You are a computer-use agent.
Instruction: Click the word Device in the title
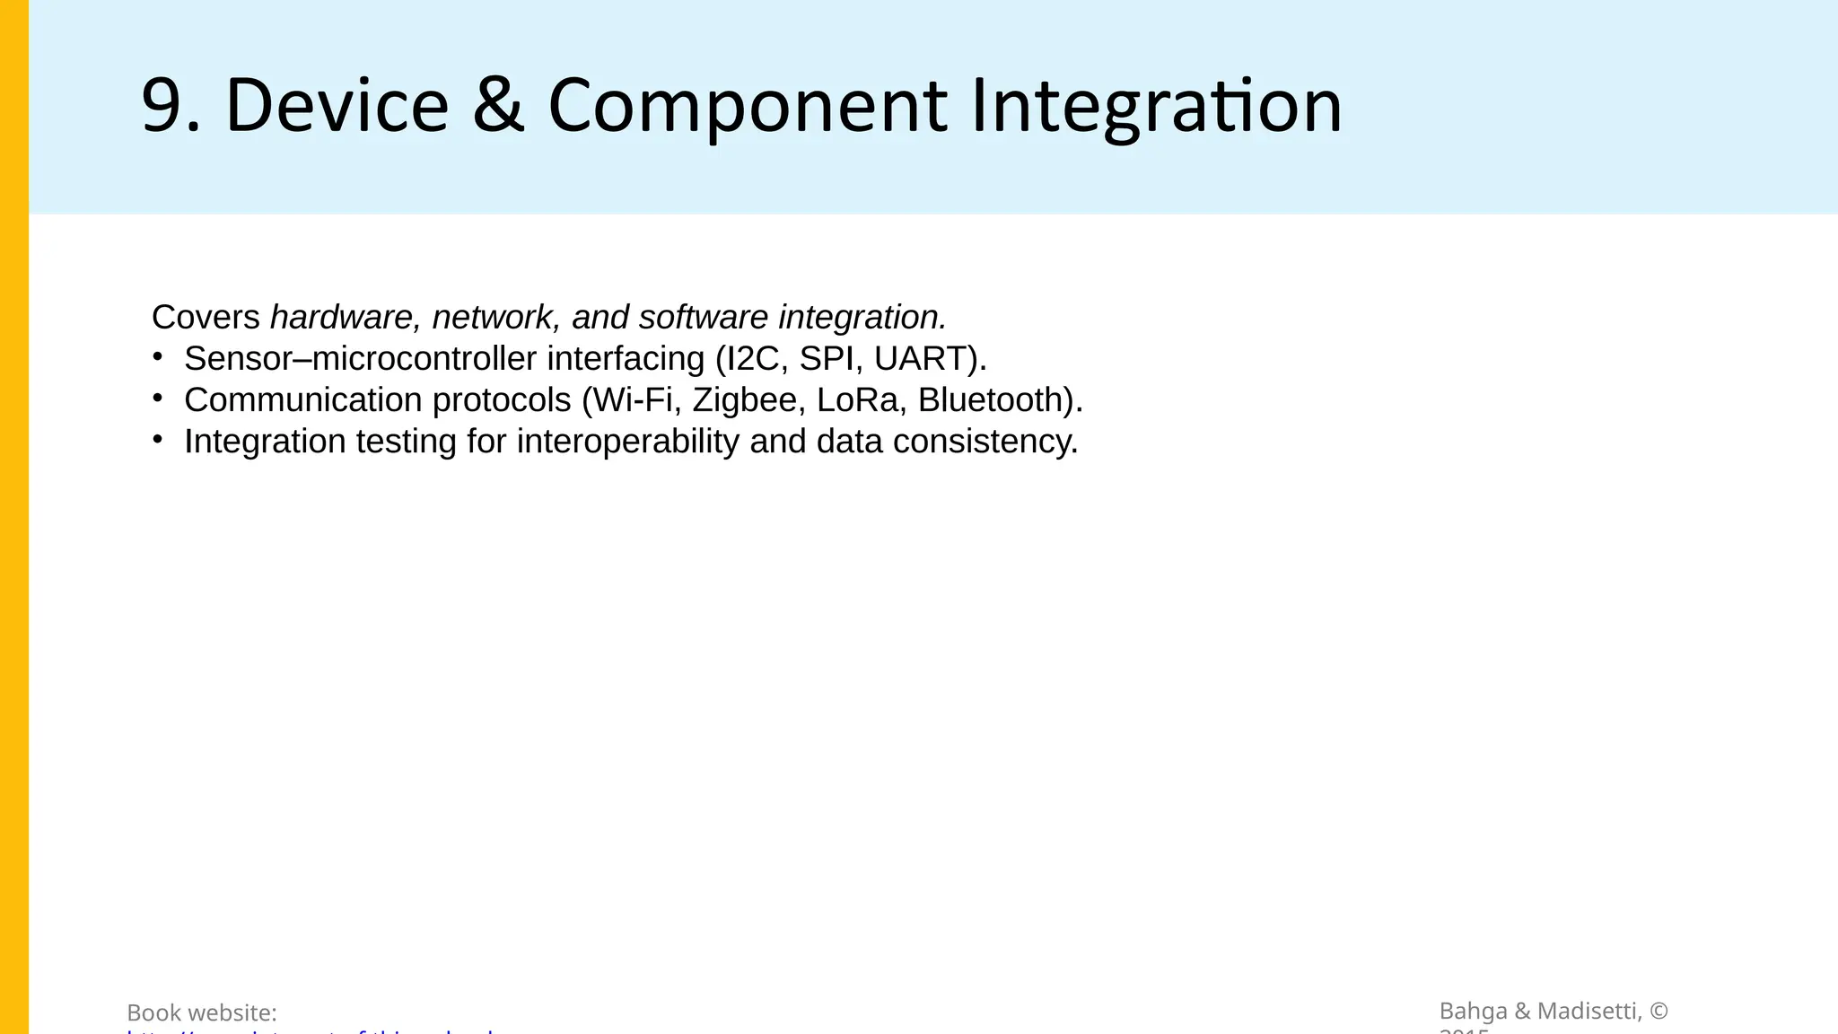337,106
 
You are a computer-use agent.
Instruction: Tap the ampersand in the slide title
498,106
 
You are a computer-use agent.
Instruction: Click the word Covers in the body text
206,317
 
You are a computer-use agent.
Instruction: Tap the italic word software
704,317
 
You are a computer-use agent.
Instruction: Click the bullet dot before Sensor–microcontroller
158,357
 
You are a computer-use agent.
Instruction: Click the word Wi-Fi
633,399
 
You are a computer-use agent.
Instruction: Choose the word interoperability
627,442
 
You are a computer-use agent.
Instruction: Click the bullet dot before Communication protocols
158,399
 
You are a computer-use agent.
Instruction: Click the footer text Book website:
202,1012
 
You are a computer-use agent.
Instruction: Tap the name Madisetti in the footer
1589,1011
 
